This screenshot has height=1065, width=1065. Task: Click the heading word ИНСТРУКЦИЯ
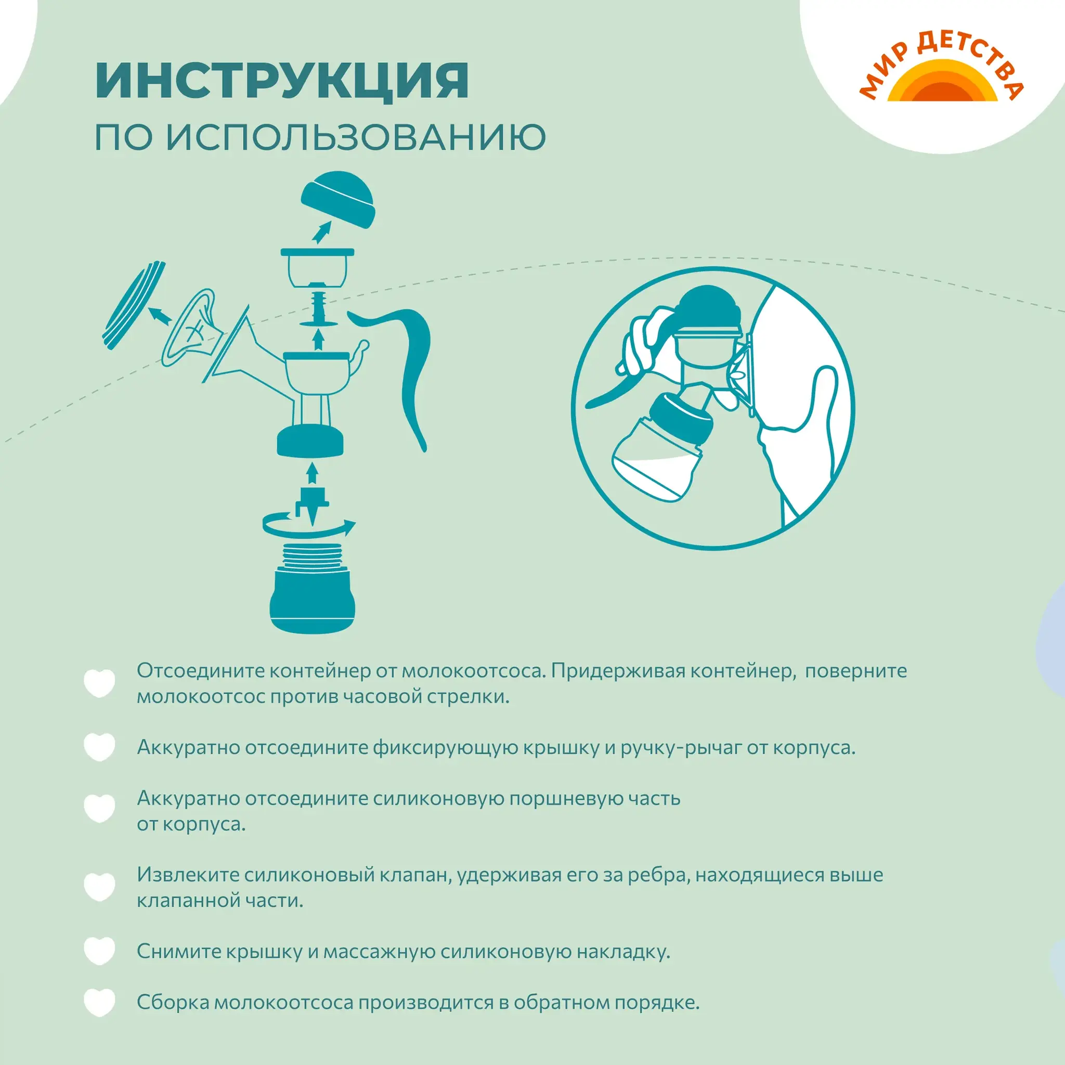click(x=282, y=82)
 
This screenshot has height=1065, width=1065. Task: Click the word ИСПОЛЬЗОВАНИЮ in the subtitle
click(x=356, y=137)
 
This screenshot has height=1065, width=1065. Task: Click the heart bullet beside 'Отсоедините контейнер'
click(x=99, y=683)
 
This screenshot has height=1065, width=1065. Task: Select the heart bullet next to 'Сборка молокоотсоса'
click(x=99, y=1002)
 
